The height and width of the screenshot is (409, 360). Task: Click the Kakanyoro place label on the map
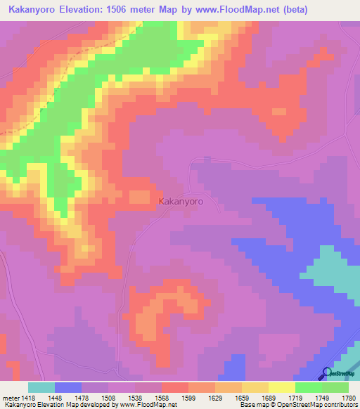pyautogui.click(x=181, y=201)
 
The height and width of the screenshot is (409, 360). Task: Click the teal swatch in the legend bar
pyautogui.click(x=41, y=387)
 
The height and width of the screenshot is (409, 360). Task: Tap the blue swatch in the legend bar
pyautogui.click(x=68, y=387)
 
